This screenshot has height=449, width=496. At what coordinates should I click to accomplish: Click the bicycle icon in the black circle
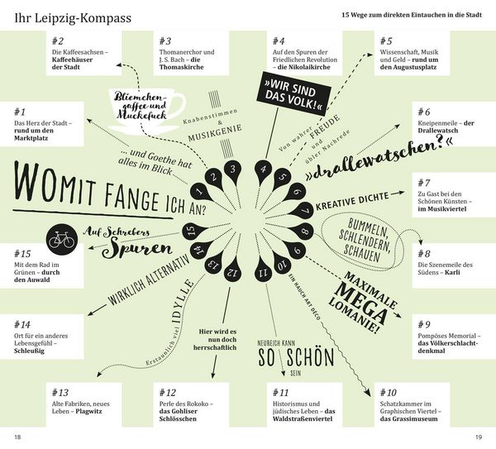coord(62,240)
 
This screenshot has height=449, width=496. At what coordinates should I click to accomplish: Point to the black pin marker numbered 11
coord(263,270)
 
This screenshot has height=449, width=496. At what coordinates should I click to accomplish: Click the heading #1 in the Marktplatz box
coord(20,112)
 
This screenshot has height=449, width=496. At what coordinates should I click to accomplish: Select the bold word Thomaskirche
coord(181,67)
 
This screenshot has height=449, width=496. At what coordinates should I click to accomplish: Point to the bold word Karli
coord(452,272)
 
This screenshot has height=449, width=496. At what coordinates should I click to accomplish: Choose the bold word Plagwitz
coord(89,411)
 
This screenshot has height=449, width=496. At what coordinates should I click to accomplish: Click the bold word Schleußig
coord(29,351)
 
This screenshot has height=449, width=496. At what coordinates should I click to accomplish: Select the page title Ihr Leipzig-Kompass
coord(73,18)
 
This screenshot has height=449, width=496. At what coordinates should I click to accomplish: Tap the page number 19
coord(479,437)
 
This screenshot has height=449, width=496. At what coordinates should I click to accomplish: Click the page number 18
coord(17,437)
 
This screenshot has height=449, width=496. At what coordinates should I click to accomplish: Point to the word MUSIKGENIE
coord(215,132)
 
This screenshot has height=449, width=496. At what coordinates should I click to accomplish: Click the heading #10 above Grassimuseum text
coord(389,393)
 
